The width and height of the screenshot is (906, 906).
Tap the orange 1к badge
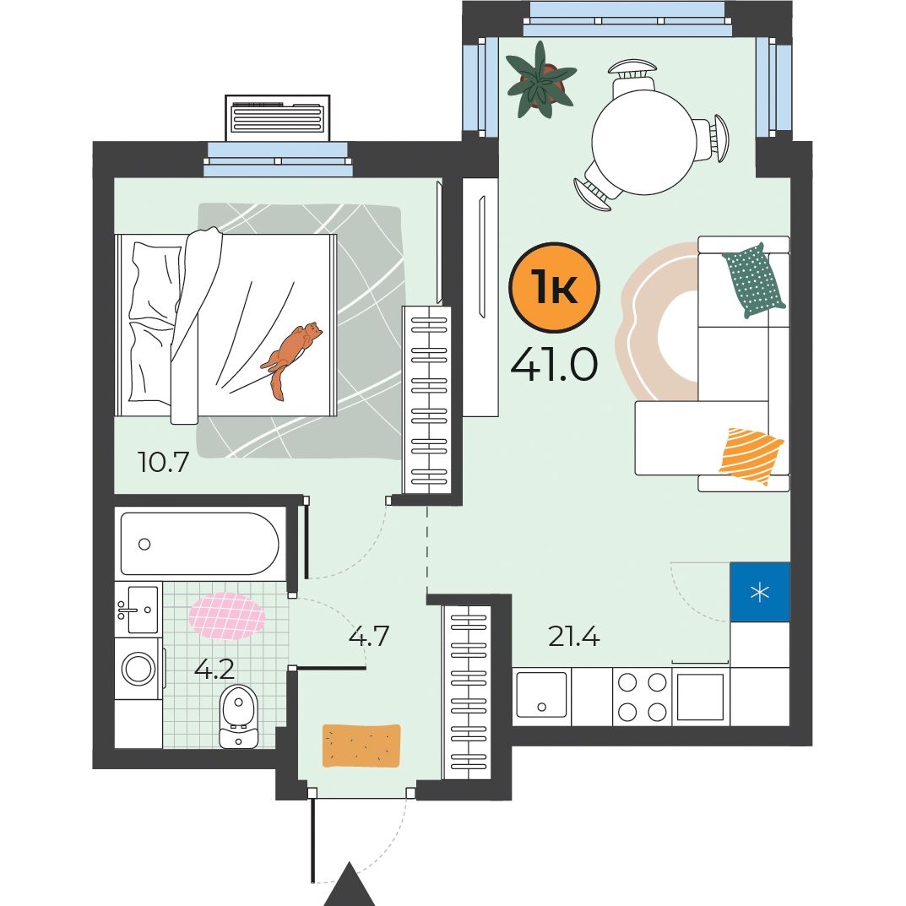coord(554,287)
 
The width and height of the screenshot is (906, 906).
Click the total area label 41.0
coord(554,365)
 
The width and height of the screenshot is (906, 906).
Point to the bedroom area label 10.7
coord(164,462)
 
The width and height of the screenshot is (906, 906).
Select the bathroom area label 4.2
coord(214,669)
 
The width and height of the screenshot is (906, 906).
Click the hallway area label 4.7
coord(369,636)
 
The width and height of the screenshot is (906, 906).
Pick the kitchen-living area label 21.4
coord(574,636)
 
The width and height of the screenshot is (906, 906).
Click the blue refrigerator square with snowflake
coord(760,592)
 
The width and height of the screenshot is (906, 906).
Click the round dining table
coord(643,142)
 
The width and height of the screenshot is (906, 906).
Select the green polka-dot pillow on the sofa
coord(753,280)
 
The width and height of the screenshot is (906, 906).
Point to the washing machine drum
coord(138,669)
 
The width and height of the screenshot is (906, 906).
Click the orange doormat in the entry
coord(361,746)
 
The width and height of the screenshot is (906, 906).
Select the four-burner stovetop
coord(642,697)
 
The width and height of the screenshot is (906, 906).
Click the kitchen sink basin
coord(541,695)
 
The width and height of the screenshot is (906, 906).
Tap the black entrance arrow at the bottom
coord(349,885)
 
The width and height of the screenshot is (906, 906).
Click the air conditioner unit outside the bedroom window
coord(277,118)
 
